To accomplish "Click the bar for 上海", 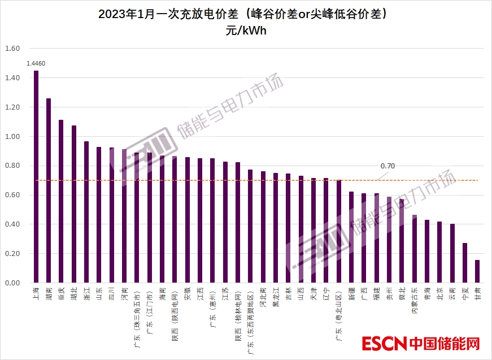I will click(x=36, y=176).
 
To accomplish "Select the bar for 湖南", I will click(x=49, y=190).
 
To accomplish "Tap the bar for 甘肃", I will click(x=477, y=271).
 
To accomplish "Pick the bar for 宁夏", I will click(x=465, y=263).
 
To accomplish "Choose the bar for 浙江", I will click(x=86, y=212).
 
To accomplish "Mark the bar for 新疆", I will click(x=351, y=237).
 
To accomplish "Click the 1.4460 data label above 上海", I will click(x=36, y=64).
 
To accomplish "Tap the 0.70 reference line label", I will click(x=387, y=166).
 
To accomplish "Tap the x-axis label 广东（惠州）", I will click(x=212, y=305).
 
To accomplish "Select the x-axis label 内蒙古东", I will click(x=414, y=301).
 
